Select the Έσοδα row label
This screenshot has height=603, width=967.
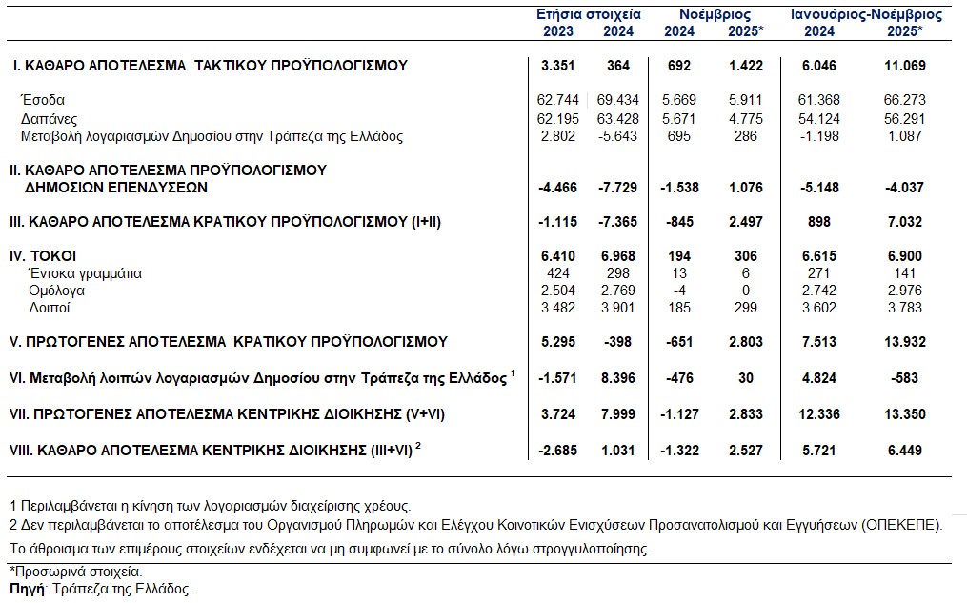[x=43, y=100]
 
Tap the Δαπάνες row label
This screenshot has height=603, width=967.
[x=49, y=118]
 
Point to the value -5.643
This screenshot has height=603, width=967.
[x=619, y=136]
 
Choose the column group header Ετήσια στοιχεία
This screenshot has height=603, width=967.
[x=589, y=14]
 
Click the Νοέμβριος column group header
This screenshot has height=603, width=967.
[x=715, y=14]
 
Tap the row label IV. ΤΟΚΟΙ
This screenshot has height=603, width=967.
[x=42, y=256]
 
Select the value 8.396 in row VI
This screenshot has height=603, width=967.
[x=620, y=378]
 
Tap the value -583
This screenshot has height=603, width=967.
[x=910, y=378]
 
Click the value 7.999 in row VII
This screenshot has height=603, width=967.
[x=620, y=414]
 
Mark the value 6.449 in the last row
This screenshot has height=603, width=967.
[x=905, y=449]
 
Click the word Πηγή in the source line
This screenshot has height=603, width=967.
[x=27, y=590]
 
